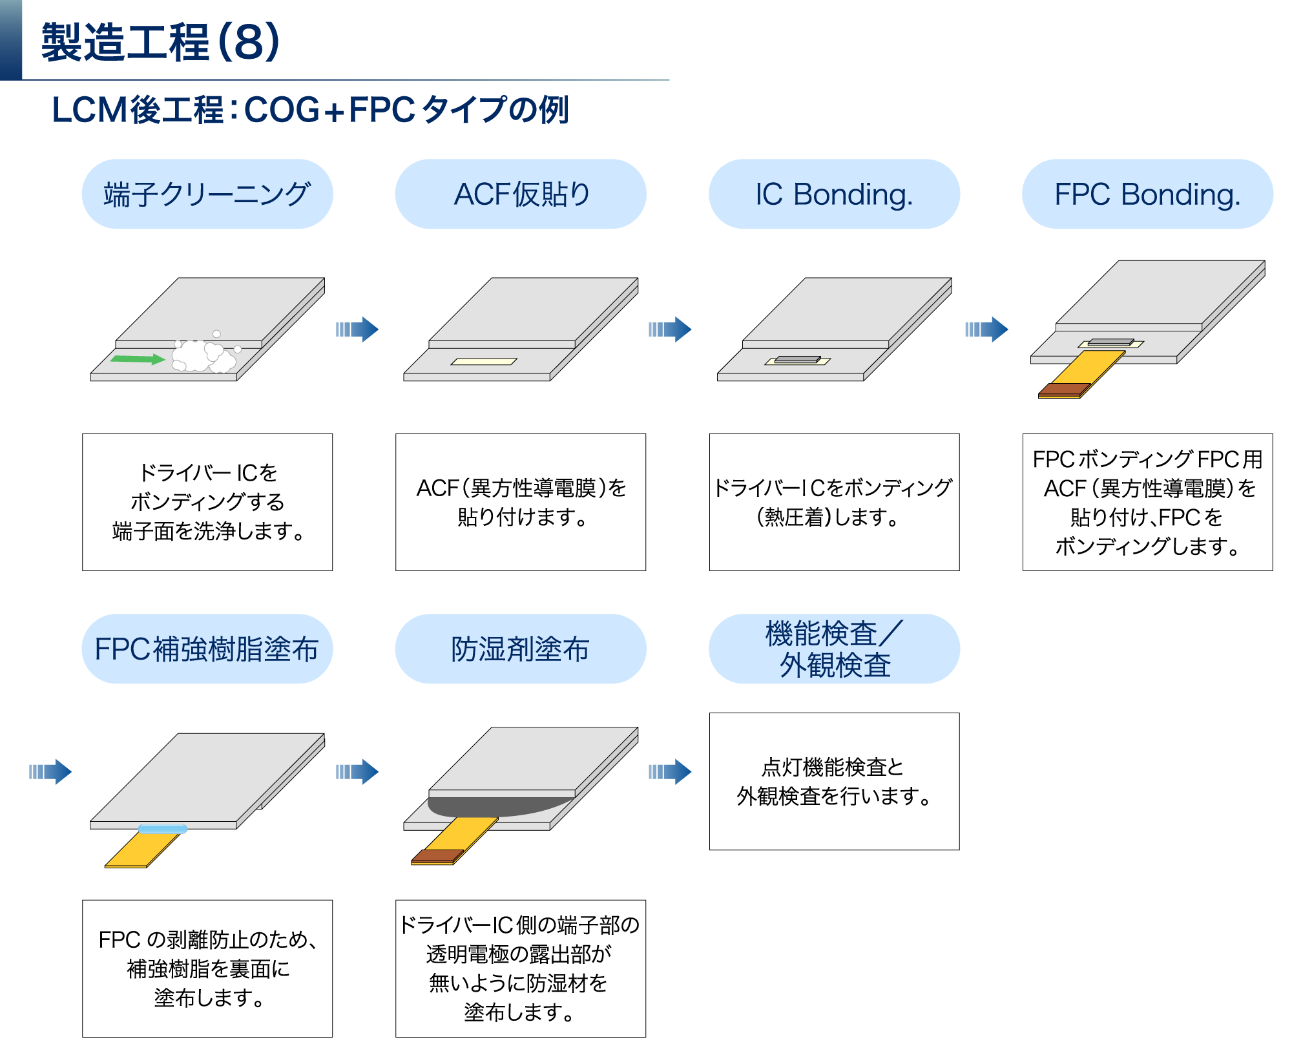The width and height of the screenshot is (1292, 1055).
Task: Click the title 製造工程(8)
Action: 160,43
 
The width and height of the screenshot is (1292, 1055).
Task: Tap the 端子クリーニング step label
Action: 207,194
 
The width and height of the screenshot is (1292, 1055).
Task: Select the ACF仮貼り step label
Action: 521,194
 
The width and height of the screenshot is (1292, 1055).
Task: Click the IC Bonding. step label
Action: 834,194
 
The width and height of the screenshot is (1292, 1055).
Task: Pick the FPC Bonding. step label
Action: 1147,194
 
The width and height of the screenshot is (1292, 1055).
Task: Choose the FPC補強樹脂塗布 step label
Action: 207,649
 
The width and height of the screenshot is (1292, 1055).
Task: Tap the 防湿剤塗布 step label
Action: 521,649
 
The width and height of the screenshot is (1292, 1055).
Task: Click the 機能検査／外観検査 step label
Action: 834,649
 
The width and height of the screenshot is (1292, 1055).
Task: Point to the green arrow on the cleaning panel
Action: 138,359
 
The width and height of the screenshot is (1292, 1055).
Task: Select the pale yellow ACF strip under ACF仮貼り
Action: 484,362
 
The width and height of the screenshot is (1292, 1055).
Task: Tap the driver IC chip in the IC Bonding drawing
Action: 798,359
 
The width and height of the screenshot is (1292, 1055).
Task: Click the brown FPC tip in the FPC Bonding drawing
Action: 1064,390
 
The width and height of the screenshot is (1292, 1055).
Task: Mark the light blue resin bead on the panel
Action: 162,829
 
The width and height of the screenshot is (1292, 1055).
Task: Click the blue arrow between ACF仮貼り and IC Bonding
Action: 670,329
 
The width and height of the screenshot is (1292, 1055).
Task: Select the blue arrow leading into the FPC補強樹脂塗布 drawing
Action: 50,771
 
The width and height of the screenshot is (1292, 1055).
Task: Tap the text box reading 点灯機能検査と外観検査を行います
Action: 834,782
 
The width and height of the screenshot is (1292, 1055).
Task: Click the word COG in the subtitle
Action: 282,110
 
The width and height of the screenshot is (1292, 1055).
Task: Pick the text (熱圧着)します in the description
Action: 828,517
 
